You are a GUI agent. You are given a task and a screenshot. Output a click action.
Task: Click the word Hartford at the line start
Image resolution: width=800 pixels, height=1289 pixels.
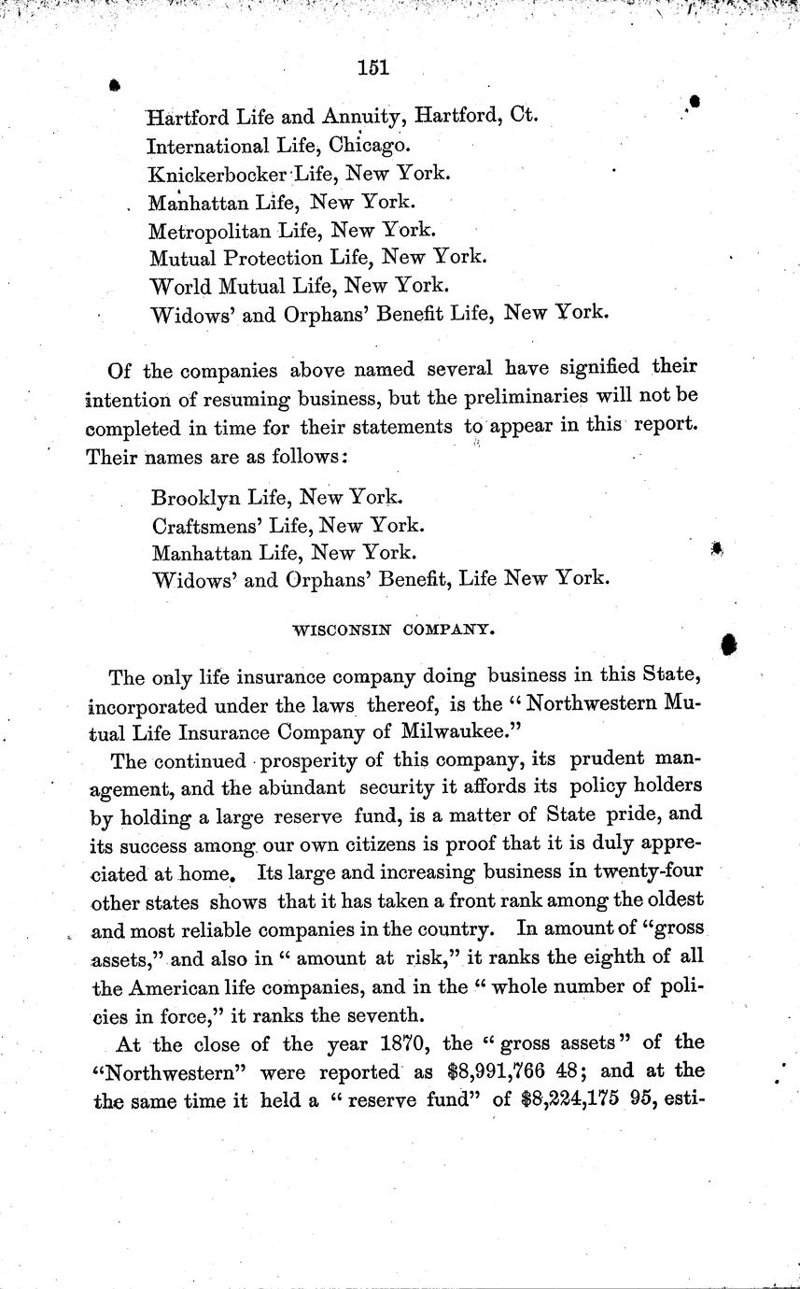pos(185,117)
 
